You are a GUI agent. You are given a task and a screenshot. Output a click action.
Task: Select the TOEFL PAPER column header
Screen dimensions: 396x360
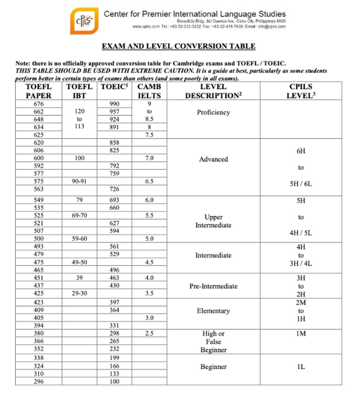pos(39,91)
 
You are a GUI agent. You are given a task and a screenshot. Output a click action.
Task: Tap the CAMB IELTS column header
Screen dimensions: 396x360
pos(149,91)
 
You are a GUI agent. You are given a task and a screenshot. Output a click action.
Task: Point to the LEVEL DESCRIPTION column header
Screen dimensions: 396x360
pos(213,91)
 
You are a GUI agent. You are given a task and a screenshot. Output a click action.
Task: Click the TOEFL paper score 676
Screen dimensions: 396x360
pos(39,103)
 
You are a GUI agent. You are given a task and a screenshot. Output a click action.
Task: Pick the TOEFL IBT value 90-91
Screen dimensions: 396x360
pos(79,182)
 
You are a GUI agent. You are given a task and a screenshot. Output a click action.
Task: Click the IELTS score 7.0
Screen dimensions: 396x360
pos(149,158)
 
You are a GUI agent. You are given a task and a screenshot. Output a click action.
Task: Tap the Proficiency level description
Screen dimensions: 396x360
pos(213,112)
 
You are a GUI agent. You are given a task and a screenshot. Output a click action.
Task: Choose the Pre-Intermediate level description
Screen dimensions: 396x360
pos(213,286)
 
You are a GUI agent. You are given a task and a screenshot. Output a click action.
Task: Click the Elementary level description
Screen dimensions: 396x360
pos(213,311)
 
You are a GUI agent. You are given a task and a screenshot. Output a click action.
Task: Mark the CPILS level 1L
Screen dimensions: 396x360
pos(301,367)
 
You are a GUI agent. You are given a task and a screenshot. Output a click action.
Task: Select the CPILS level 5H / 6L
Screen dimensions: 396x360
pos(301,184)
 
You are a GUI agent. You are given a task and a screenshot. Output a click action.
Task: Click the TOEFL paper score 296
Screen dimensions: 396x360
pos(39,382)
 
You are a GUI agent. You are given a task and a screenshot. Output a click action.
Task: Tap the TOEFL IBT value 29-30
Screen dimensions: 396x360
pos(79,294)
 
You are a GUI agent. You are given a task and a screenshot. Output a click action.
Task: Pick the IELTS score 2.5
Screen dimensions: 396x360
pos(149,334)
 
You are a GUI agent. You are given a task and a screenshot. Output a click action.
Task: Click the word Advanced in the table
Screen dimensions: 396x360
pos(213,159)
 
